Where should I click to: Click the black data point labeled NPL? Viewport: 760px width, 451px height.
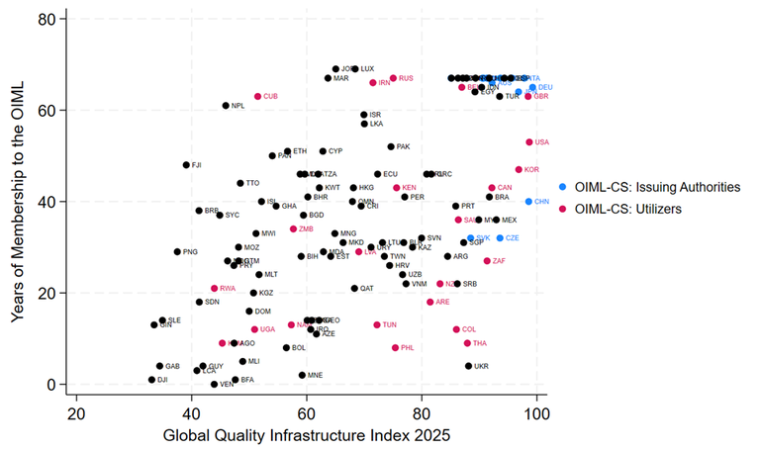(x=226, y=106)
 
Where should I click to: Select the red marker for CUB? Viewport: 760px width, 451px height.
(x=257, y=97)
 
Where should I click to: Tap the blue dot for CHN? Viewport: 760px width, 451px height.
(x=529, y=202)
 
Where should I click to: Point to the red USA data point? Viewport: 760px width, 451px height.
(x=529, y=142)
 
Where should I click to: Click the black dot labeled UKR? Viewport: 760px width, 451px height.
(x=469, y=366)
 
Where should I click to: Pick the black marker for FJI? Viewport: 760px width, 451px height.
(x=186, y=165)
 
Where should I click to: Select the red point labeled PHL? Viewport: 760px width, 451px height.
(x=395, y=348)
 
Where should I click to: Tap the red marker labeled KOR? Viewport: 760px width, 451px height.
(x=519, y=170)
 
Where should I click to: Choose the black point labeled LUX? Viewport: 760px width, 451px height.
(x=355, y=69)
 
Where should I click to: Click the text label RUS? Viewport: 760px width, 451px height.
(x=406, y=78)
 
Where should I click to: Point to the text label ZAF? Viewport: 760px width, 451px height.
(x=499, y=261)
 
